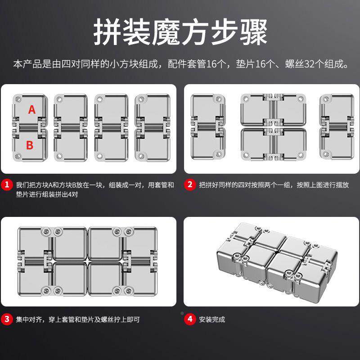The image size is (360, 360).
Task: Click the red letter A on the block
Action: pyautogui.click(x=31, y=109)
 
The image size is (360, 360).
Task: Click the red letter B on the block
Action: pyautogui.click(x=30, y=145)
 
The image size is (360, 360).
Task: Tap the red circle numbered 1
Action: pyautogui.click(x=6, y=184)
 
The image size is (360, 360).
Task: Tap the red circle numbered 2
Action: pyautogui.click(x=190, y=184)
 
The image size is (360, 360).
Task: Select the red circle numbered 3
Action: pyautogui.click(x=6, y=319)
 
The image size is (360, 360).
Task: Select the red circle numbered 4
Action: pyautogui.click(x=190, y=319)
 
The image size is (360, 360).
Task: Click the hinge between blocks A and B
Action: pyautogui.click(x=29, y=127)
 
